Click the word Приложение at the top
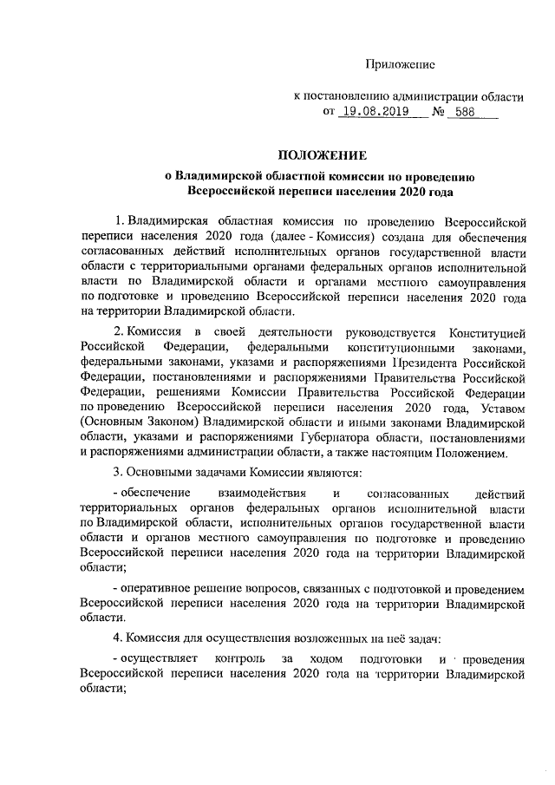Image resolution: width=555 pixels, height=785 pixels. coord(400,63)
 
